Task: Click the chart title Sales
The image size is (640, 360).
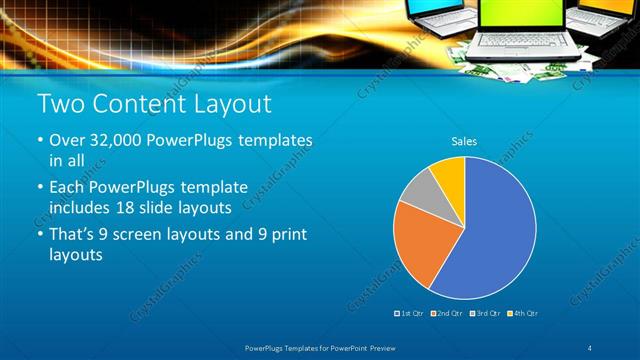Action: coord(464,141)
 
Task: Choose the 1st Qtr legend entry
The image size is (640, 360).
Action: coord(409,313)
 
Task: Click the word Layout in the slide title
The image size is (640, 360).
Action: coord(231,104)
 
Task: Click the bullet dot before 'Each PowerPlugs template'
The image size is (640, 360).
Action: coord(40,187)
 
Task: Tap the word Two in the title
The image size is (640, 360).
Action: coord(60,104)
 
